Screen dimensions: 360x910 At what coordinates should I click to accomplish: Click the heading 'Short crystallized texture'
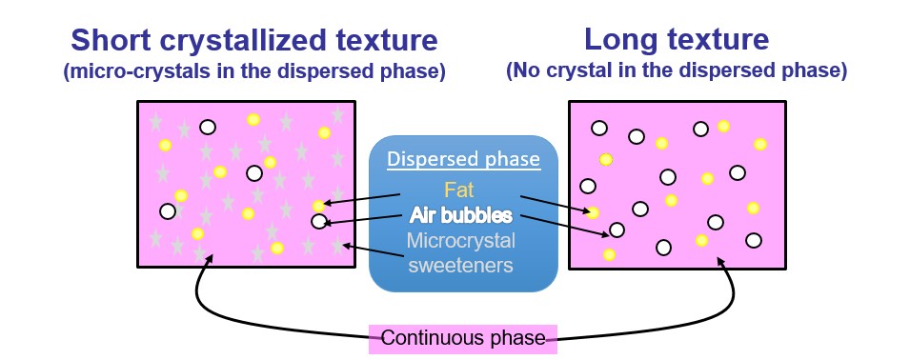point(253,41)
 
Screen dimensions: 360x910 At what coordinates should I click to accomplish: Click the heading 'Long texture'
point(677,41)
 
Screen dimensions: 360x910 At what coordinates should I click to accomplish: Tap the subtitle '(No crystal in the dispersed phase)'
point(677,71)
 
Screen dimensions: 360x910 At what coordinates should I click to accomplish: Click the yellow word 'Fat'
point(461,191)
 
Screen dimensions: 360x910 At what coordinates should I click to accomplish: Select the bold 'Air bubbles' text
point(461,215)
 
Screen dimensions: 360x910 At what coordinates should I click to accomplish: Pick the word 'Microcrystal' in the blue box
point(461,240)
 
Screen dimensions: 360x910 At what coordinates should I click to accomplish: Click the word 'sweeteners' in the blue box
point(461,264)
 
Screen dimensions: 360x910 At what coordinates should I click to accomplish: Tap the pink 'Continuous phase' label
point(463,338)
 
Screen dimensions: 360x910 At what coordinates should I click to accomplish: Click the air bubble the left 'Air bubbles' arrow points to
point(318,222)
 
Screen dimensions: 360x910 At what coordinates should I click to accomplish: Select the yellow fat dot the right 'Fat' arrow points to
point(593,212)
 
